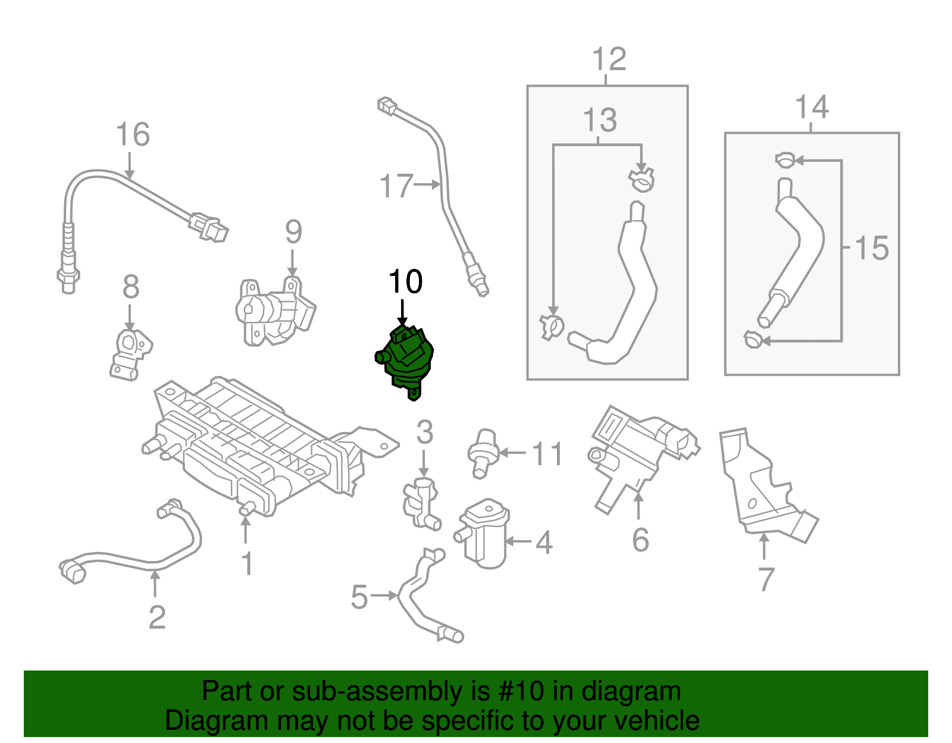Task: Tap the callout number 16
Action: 132,134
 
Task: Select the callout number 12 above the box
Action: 609,59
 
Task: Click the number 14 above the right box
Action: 812,108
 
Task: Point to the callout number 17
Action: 396,186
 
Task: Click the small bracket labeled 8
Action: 131,354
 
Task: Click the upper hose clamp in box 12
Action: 641,180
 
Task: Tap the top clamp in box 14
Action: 785,160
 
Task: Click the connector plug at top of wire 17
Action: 388,107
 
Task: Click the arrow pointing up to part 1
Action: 245,529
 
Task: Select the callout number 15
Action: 871,248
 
